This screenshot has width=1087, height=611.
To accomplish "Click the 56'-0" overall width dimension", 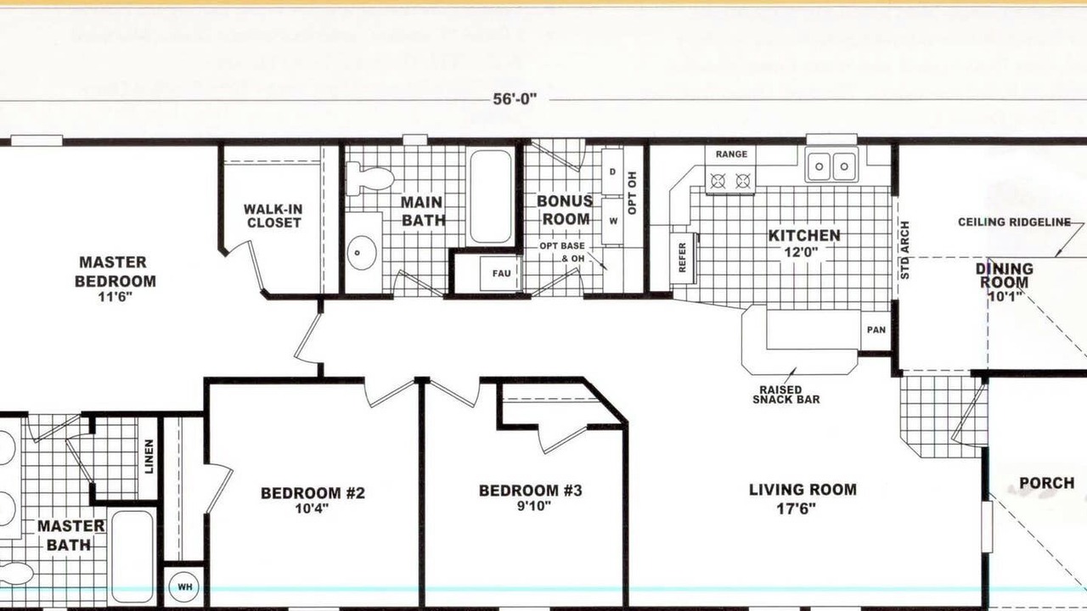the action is (515, 99).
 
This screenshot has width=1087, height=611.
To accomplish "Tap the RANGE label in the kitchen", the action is (731, 154).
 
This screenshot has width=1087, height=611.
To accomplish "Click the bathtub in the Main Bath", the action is (491, 196).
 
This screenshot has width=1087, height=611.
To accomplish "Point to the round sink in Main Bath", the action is (362, 252).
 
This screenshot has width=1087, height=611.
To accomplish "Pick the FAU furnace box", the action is (501, 273).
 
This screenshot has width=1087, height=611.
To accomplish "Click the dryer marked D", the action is (612, 171).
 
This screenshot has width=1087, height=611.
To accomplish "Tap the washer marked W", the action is (613, 221).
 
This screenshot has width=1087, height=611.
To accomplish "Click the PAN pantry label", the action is (876, 330).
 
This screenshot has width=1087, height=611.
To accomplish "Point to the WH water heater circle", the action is (185, 587).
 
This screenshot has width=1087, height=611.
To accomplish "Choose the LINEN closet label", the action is (149, 457).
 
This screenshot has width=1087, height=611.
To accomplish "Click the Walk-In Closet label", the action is (273, 216).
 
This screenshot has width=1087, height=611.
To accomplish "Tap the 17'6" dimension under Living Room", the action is (796, 508).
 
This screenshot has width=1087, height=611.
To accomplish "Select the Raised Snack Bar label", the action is (786, 395).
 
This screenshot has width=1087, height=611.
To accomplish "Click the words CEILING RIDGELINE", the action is (1014, 222).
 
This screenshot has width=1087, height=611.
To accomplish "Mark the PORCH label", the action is (1047, 483).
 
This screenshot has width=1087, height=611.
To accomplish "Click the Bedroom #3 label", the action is (531, 490).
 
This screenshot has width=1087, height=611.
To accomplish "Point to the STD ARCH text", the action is (905, 249).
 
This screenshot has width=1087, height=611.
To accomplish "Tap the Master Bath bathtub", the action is (132, 556).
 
